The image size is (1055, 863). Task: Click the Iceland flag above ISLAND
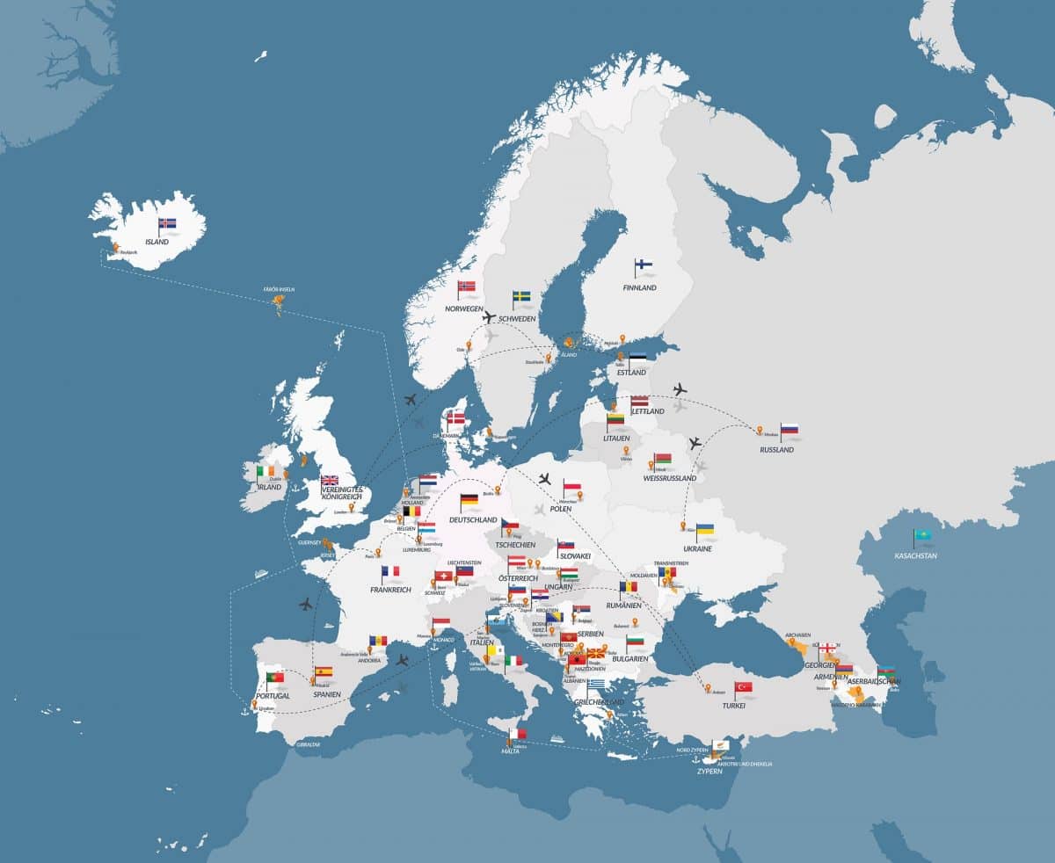(x=168, y=223)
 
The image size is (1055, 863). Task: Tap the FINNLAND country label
(x=639, y=287)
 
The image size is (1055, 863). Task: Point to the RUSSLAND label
(x=777, y=450)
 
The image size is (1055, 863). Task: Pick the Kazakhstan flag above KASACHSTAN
(x=923, y=534)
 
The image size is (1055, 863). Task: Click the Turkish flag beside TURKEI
(x=745, y=686)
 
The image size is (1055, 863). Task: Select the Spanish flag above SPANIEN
(x=324, y=671)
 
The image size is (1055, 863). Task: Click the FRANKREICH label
(x=390, y=590)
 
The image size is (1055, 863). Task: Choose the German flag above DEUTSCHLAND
(x=469, y=499)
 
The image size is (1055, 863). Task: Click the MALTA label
(x=511, y=751)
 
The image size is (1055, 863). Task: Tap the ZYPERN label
(x=709, y=771)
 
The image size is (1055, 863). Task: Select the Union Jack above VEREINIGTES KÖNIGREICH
(x=331, y=481)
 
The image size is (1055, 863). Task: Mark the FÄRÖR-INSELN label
(x=279, y=288)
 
